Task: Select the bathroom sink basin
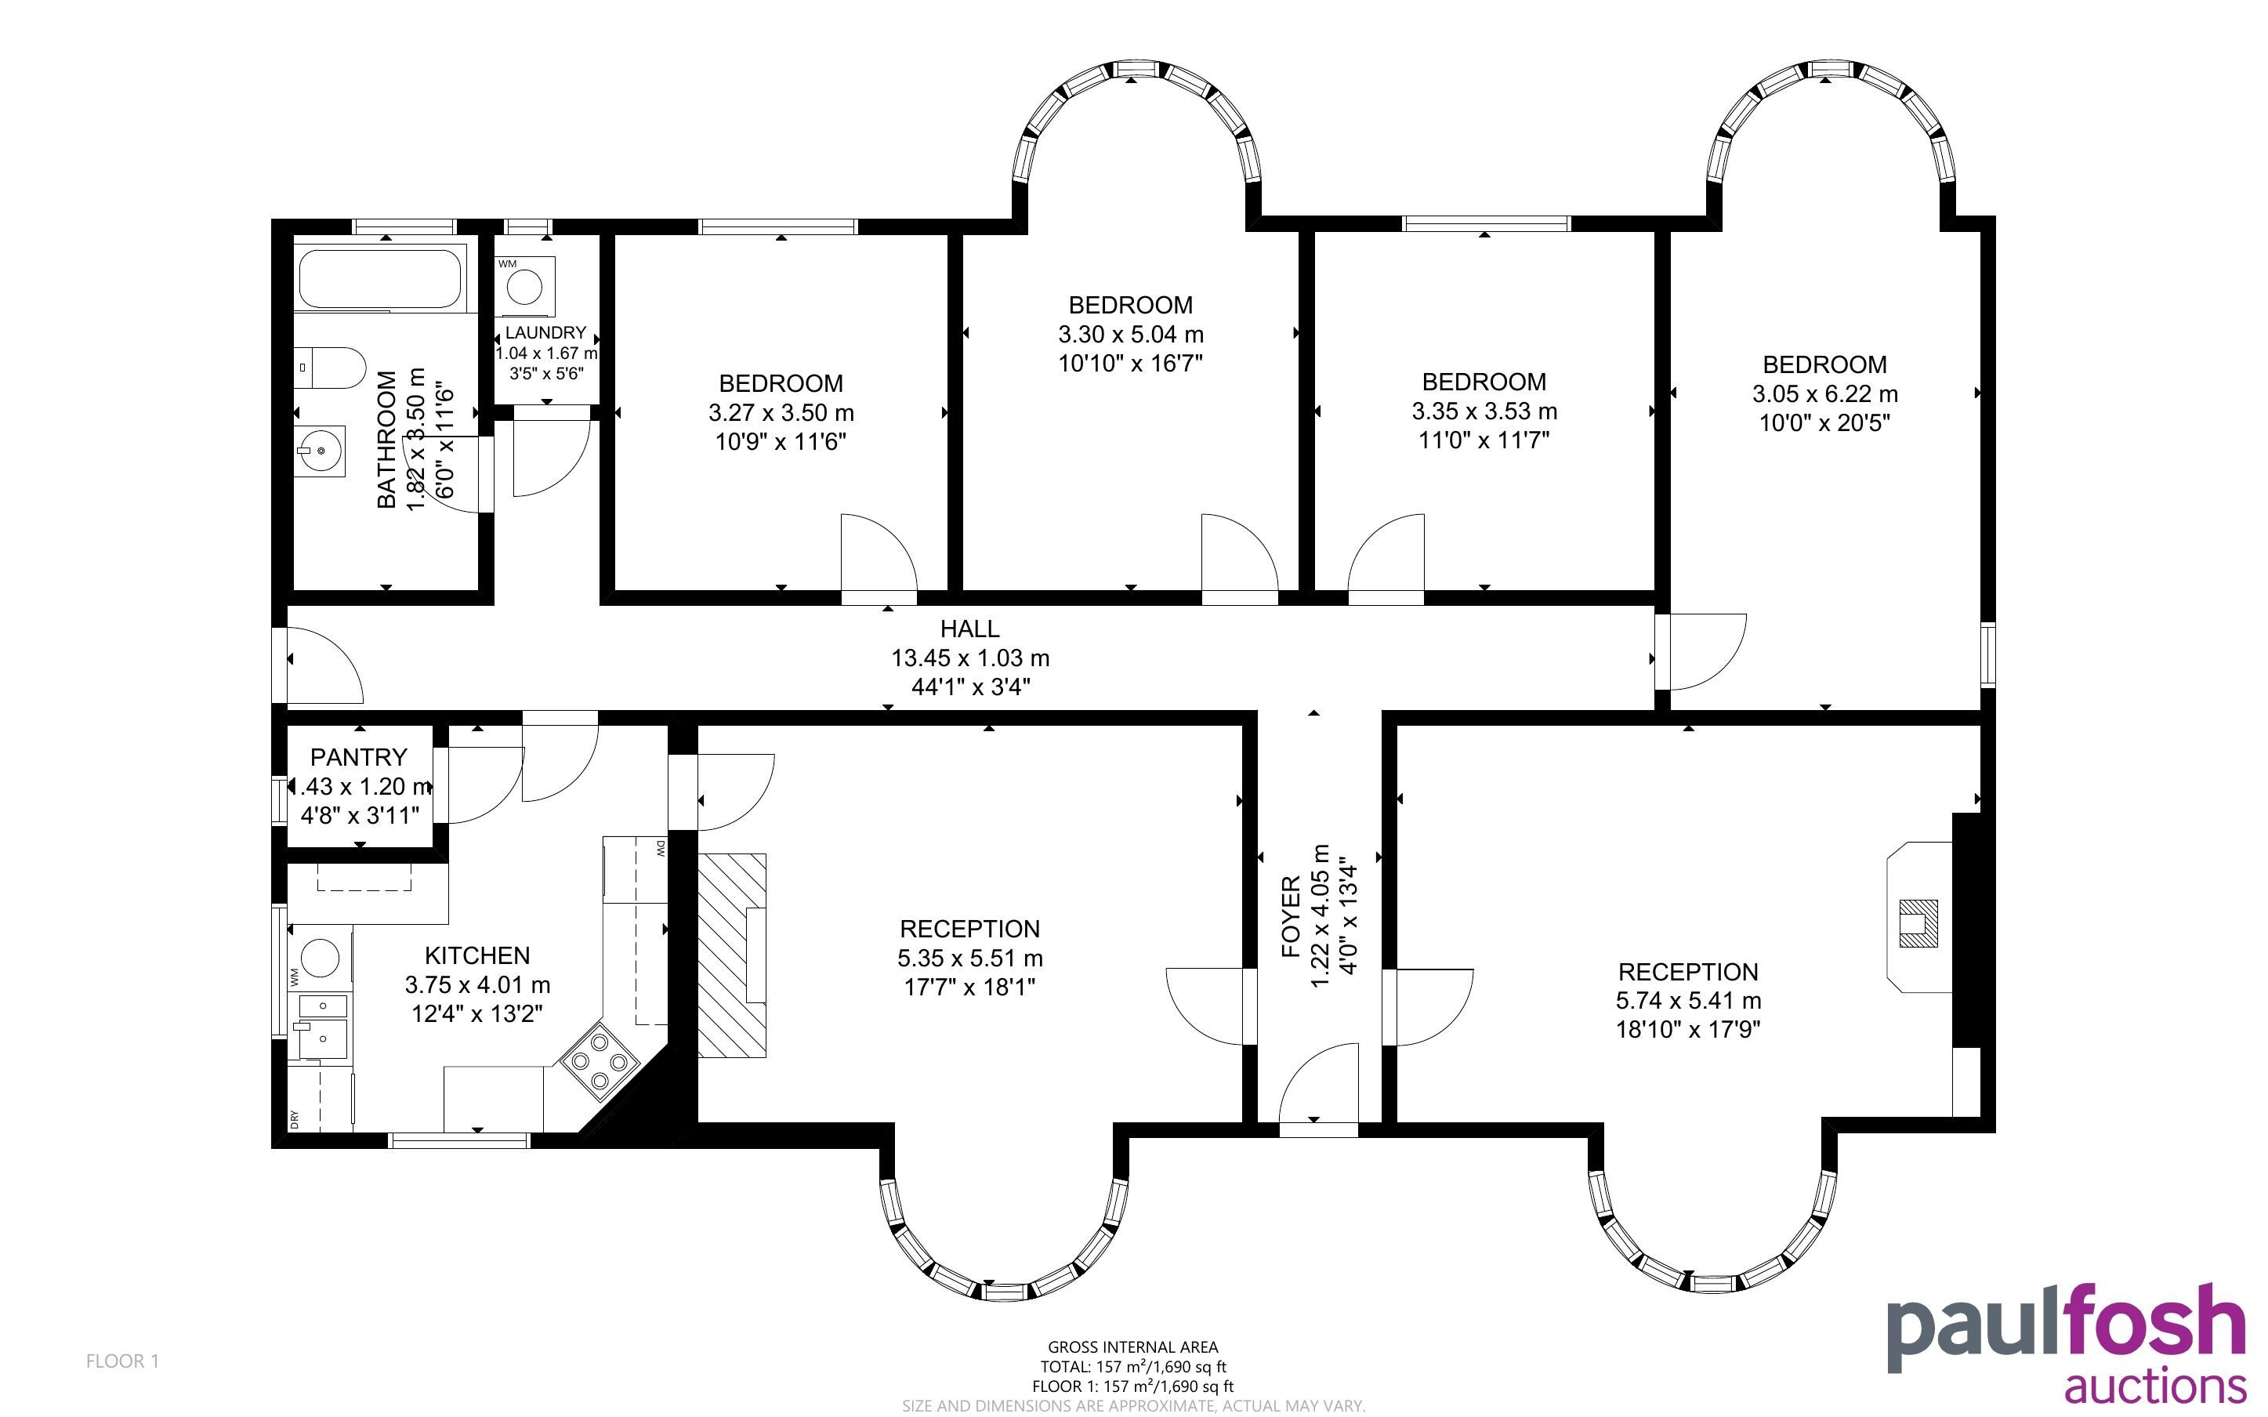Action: [x=320, y=451]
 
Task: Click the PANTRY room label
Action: [x=359, y=757]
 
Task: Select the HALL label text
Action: [x=969, y=629]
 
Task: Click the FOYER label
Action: [x=1291, y=916]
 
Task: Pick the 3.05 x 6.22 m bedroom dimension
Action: [x=1825, y=394]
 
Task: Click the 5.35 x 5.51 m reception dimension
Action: [x=969, y=959]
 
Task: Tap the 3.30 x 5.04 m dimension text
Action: [x=1131, y=335]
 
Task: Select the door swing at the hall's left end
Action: [x=324, y=665]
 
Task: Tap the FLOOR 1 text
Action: [x=123, y=1361]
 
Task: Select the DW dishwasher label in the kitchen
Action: [x=661, y=848]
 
